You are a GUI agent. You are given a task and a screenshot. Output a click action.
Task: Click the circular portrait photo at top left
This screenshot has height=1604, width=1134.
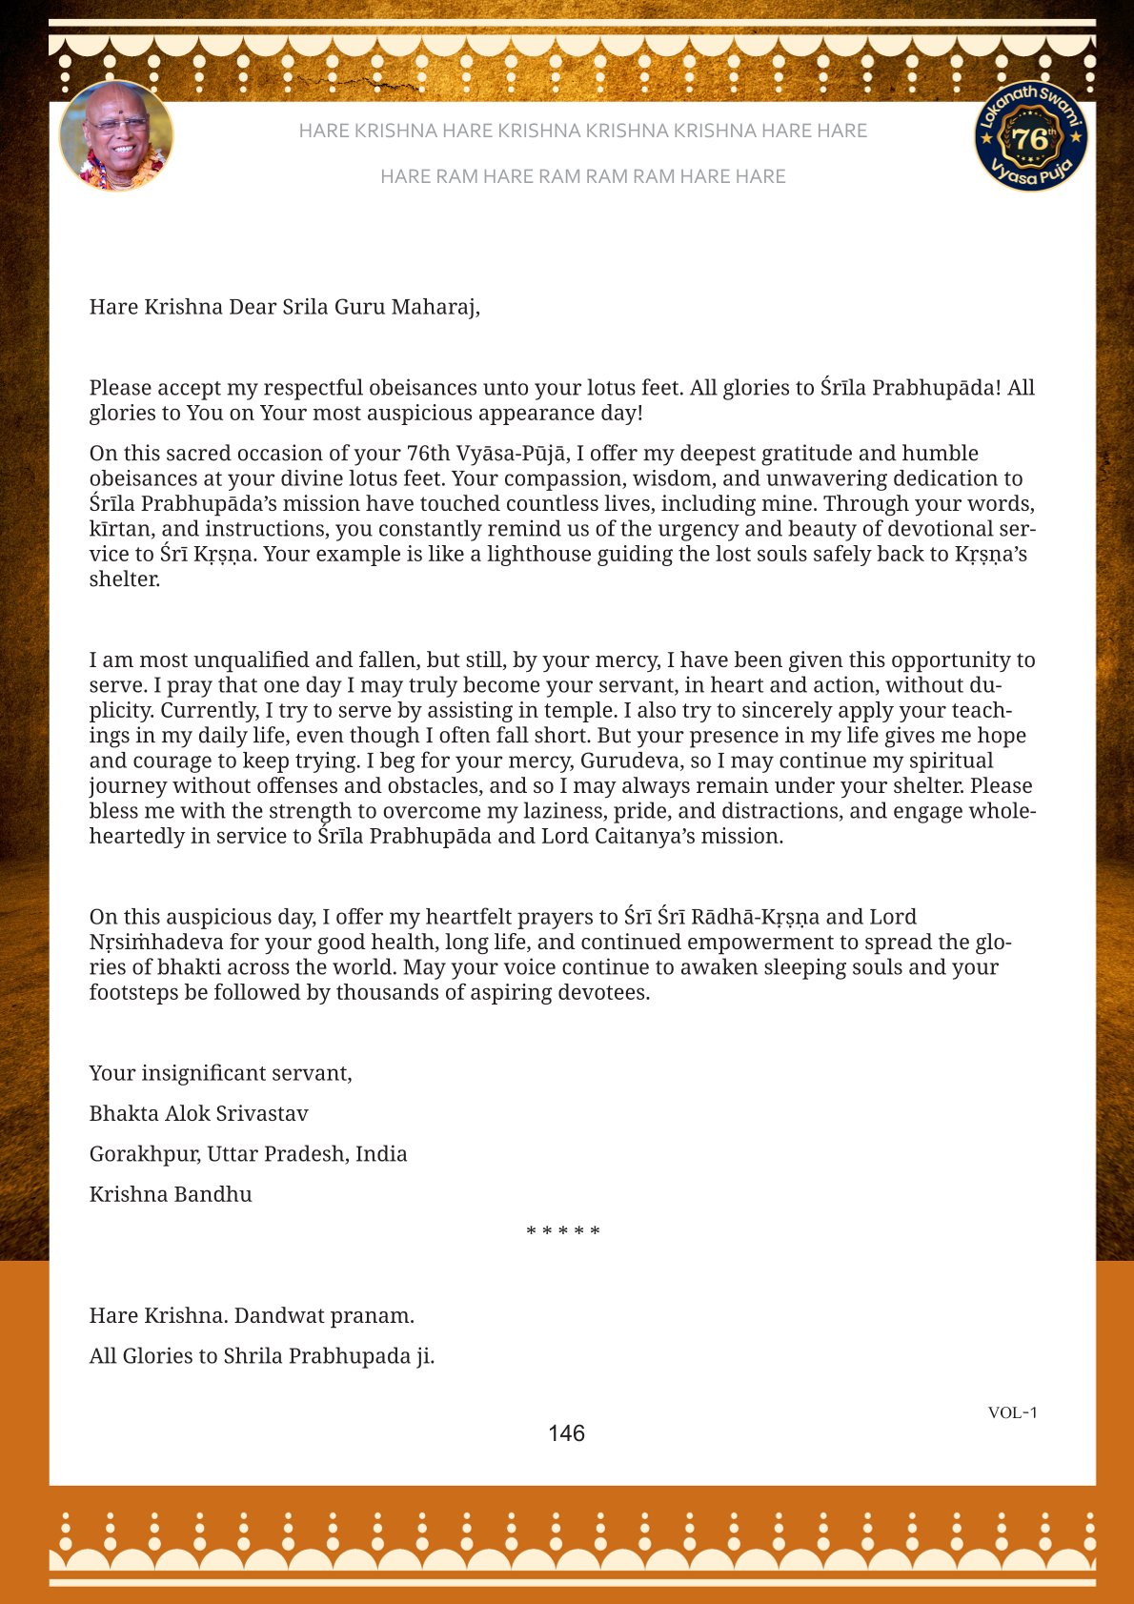pyautogui.click(x=116, y=136)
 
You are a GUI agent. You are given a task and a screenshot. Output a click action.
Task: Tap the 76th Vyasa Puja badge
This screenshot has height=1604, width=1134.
pyautogui.click(x=1031, y=136)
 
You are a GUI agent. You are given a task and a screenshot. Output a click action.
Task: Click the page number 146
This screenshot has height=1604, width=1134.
pyautogui.click(x=566, y=1433)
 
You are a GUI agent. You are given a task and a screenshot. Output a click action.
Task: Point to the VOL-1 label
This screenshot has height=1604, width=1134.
pyautogui.click(x=1012, y=1412)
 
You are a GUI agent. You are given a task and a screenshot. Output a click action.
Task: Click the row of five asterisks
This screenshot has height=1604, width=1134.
pyautogui.click(x=563, y=1231)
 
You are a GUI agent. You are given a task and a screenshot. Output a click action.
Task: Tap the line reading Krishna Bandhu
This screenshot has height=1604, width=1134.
pyautogui.click(x=171, y=1194)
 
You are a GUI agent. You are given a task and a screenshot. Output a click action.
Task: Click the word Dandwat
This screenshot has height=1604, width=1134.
pyautogui.click(x=276, y=1315)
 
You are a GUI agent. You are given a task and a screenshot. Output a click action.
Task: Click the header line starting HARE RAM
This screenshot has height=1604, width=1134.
pyautogui.click(x=582, y=176)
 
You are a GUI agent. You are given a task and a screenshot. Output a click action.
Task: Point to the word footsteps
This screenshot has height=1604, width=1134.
pyautogui.click(x=134, y=992)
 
